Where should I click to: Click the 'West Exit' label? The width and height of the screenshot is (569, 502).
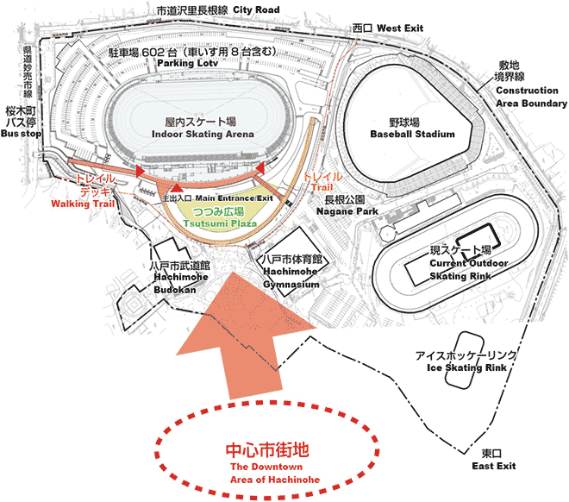pyautogui.click(x=401, y=28)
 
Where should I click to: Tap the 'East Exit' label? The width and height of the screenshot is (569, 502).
pyautogui.click(x=494, y=466)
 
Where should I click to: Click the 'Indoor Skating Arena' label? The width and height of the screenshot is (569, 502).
pyautogui.click(x=203, y=135)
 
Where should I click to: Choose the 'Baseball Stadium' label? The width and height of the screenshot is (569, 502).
pyautogui.click(x=412, y=135)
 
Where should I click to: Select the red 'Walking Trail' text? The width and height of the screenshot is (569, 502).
pyautogui.click(x=83, y=205)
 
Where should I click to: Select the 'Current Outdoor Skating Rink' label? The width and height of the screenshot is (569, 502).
pyautogui.click(x=468, y=268)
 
